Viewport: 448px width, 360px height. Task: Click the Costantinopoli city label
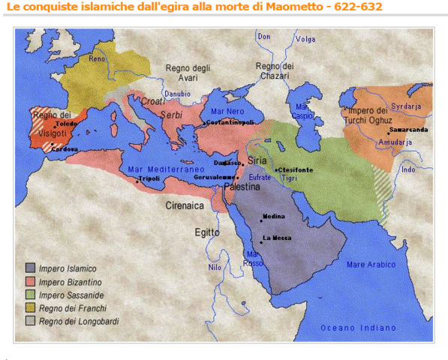click(x=230, y=121)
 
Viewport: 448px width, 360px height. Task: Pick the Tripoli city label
click(x=151, y=178)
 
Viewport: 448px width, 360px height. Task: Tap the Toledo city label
click(x=66, y=124)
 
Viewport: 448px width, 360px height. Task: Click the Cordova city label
click(x=66, y=148)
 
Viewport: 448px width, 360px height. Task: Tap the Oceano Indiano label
click(x=358, y=327)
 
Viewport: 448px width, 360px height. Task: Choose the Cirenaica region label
click(x=185, y=203)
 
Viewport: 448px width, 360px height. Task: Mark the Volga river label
click(x=305, y=38)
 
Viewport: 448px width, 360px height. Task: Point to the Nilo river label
click(x=215, y=266)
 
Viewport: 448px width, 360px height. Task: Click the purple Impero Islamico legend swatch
click(x=30, y=268)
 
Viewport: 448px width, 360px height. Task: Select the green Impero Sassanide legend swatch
click(x=30, y=295)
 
